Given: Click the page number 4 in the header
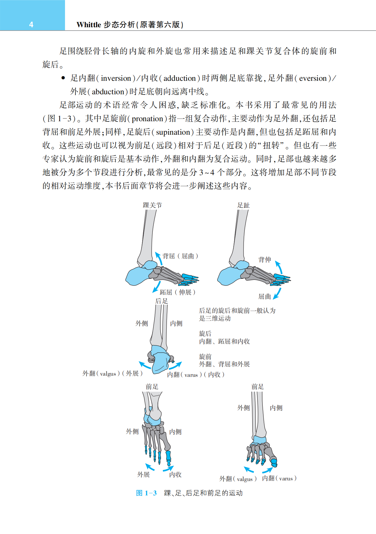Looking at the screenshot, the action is pos(31,25).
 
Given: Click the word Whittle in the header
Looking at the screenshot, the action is pos(89,25).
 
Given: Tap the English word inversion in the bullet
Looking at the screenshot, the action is pos(116,78).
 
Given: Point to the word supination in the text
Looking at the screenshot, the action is pos(173,132).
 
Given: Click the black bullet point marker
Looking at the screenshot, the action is pos(63,78).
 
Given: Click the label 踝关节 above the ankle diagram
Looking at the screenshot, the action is pos(152,205).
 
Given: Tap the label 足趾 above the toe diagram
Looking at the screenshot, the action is pos(243,205).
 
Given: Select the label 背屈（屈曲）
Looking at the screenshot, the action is pos(180,256).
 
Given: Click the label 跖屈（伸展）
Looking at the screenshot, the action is pos(177,292).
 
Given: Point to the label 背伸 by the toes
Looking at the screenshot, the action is pos(265,260).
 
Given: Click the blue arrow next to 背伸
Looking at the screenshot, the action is pos(279,267).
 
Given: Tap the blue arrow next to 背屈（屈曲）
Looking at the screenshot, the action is pos(158,258).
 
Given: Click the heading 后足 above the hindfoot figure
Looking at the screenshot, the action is pos(161,301).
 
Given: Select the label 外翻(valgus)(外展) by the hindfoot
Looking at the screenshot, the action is pos(112,374).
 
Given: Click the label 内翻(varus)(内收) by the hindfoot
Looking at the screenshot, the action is pos(196,375).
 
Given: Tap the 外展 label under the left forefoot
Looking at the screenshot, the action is pos(144,475).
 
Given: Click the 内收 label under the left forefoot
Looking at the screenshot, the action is pos(175,475).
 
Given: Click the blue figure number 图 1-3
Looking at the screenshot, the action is pos(146,493).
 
